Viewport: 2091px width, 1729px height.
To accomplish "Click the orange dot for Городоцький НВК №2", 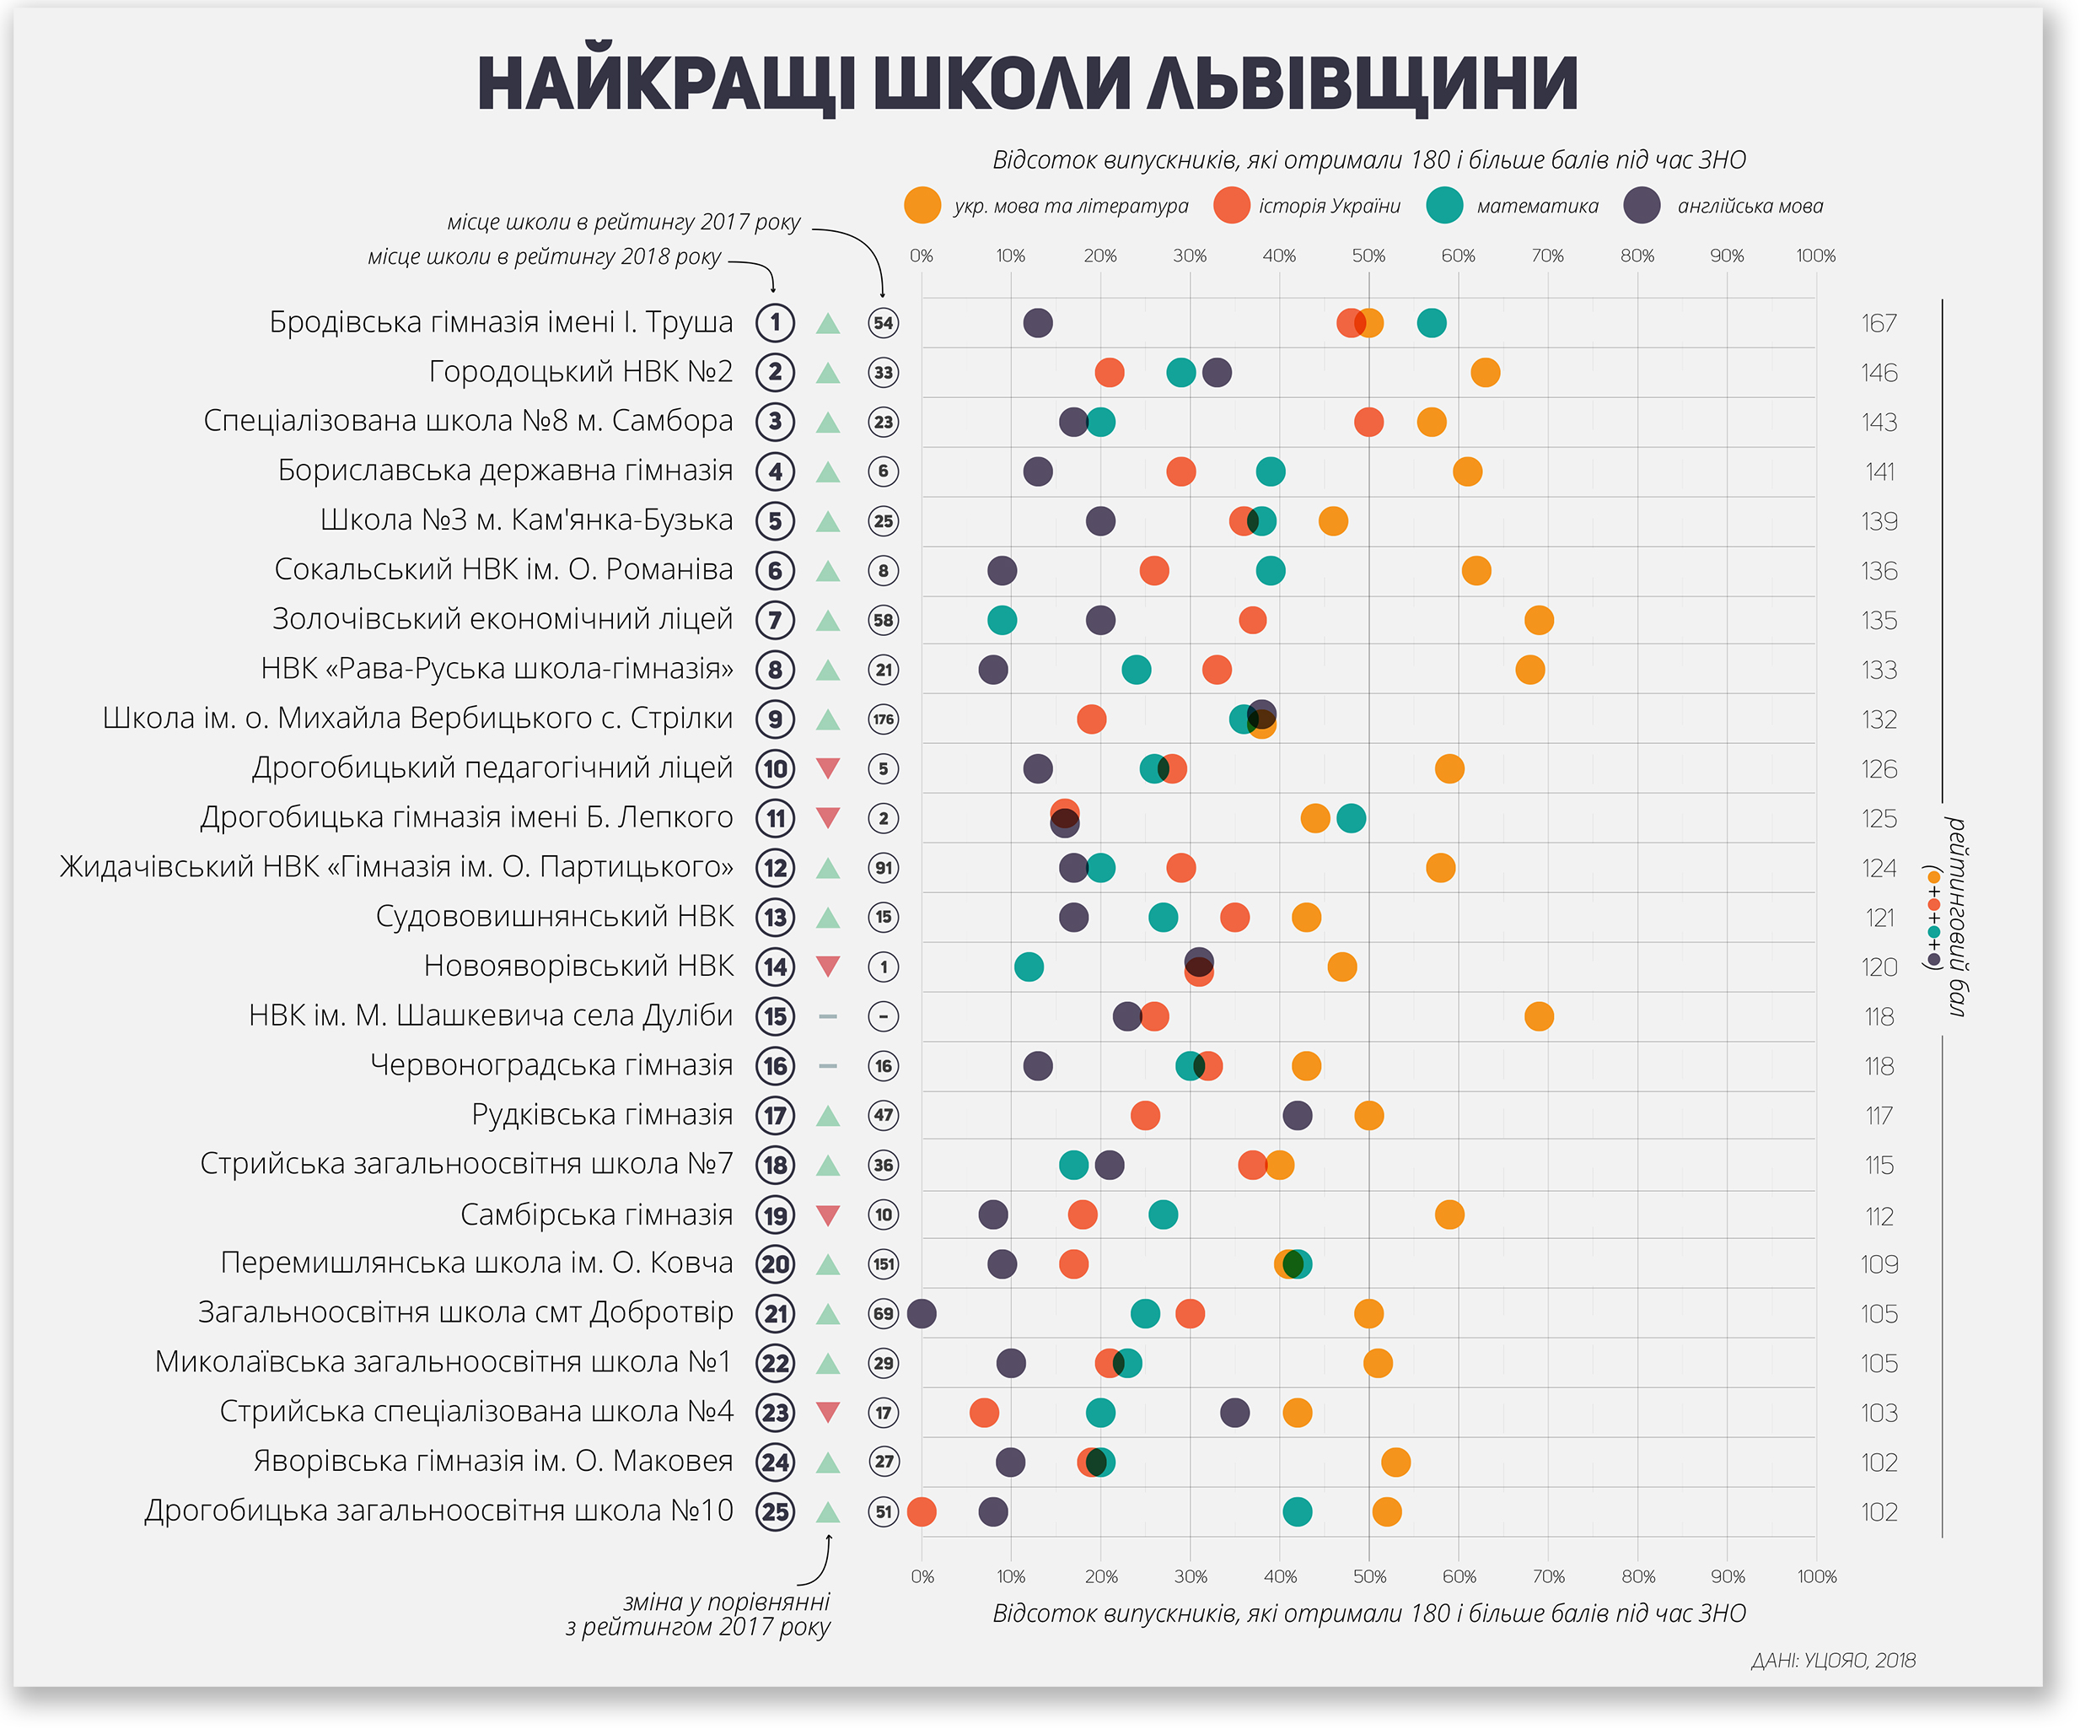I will [x=1485, y=373].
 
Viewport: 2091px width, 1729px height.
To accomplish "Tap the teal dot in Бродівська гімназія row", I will [x=1431, y=323].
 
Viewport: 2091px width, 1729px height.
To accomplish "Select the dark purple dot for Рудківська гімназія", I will [x=1297, y=1116].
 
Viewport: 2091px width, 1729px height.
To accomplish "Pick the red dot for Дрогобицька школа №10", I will [x=922, y=1512].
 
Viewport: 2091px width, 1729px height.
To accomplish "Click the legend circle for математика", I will [x=1443, y=205].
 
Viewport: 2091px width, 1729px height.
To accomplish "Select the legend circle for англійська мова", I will [x=1642, y=205].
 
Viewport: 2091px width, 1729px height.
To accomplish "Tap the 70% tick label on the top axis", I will [x=1547, y=256].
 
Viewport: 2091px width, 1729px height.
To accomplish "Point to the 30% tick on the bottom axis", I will [x=1190, y=1576].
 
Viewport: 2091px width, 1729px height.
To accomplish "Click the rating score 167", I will [x=1879, y=324].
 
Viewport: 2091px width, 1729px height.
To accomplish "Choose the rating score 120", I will [x=1879, y=967].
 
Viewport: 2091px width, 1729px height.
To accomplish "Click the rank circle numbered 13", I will [x=776, y=918].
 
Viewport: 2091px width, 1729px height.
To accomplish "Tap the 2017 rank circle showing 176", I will [x=884, y=719].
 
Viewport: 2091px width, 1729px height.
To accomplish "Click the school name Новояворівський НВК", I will [x=578, y=966].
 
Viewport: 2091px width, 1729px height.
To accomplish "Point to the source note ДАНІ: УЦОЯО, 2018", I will [x=1833, y=1661].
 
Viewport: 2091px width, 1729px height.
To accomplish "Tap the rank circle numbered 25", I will [x=776, y=1512].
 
